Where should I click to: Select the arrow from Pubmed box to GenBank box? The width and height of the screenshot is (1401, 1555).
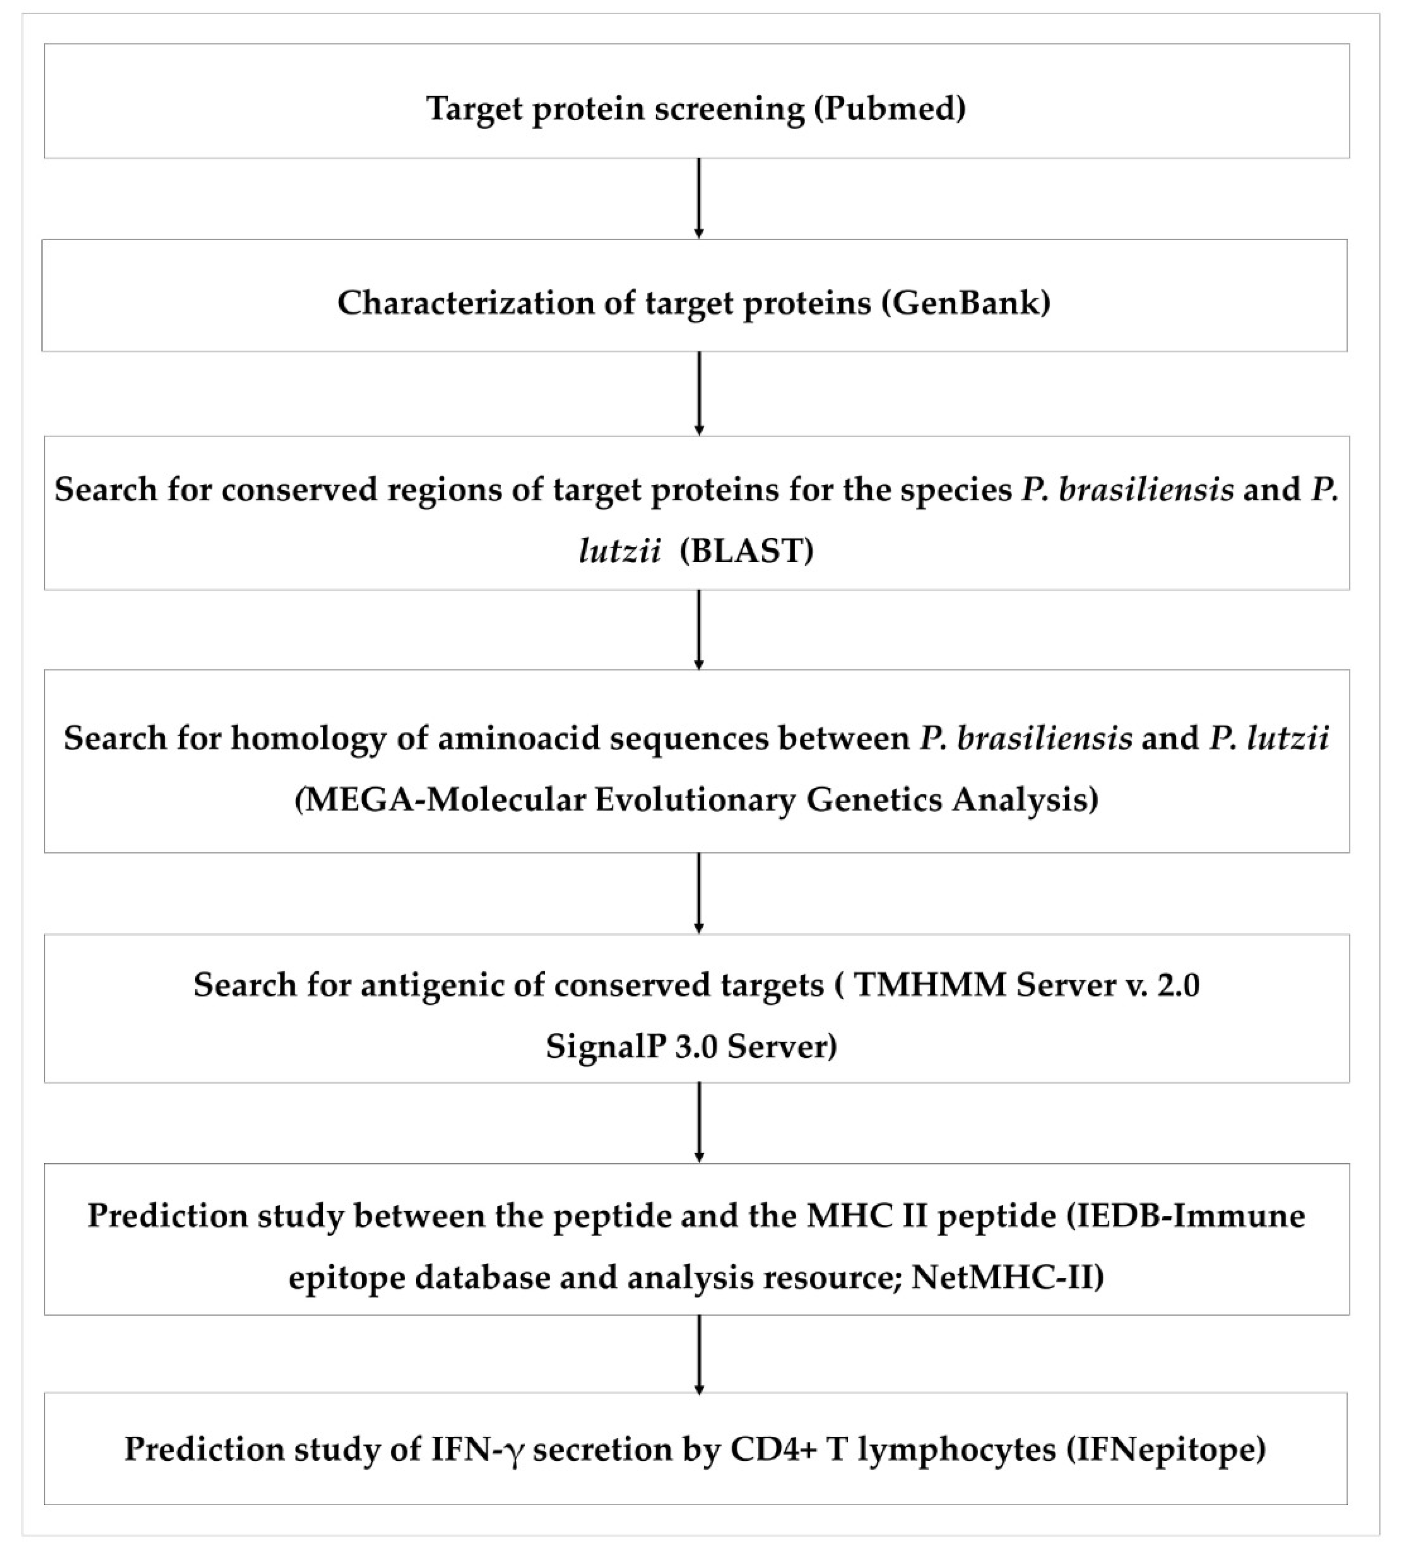click(x=699, y=198)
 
